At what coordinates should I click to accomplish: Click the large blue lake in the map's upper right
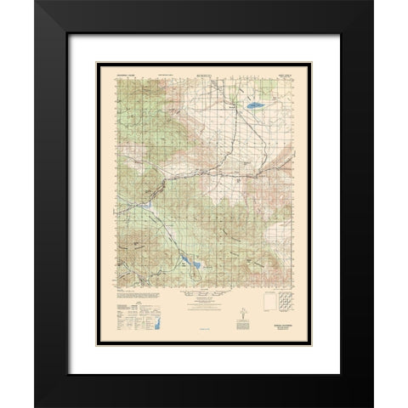(x=254, y=106)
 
